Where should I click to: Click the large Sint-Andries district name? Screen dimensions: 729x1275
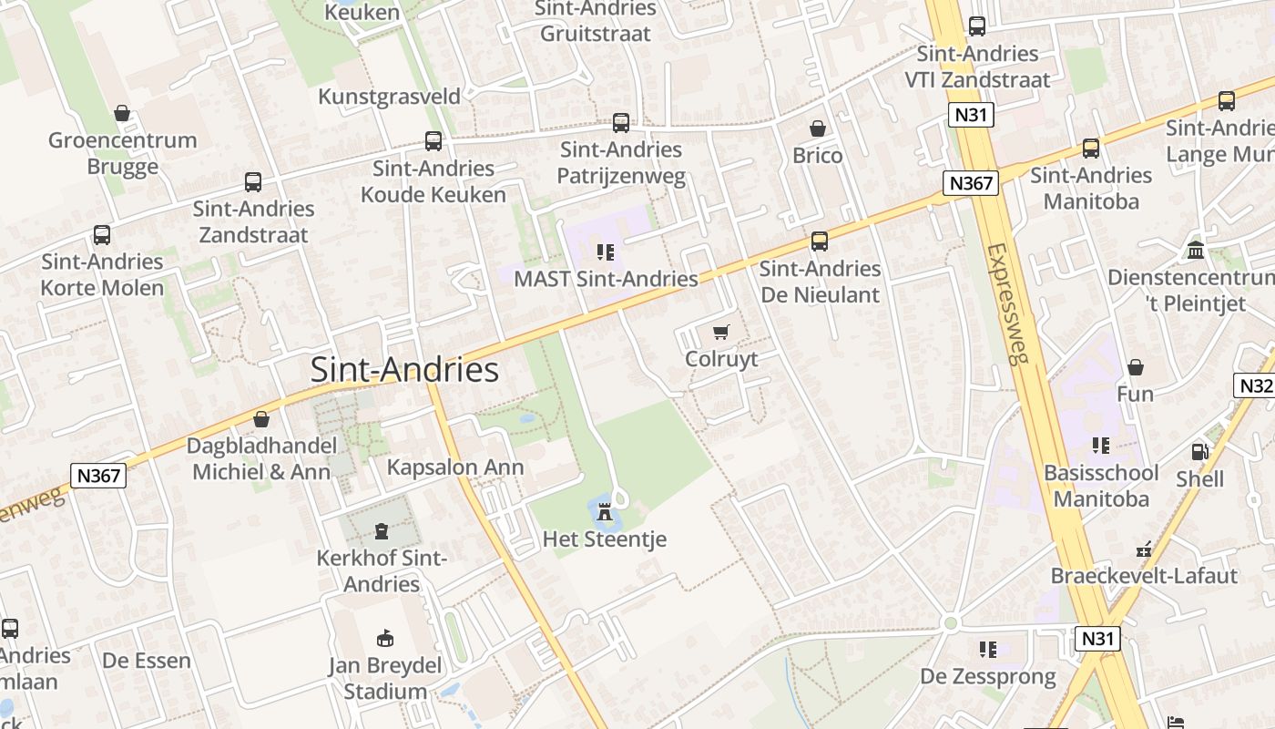pos(404,370)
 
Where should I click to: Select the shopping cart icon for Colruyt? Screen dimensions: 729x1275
pos(721,333)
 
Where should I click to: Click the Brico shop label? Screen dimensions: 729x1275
pos(817,156)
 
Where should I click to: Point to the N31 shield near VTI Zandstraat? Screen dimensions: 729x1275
pos(971,115)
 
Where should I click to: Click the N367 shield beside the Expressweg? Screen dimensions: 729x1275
pos(971,183)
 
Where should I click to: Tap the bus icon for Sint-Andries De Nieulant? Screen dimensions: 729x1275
pos(820,241)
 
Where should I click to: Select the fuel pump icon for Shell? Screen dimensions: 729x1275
pos(1199,452)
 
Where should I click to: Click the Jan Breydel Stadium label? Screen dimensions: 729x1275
pos(384,678)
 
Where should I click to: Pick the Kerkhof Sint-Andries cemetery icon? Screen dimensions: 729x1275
pos(381,531)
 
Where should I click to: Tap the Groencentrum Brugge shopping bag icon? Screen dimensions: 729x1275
pos(122,113)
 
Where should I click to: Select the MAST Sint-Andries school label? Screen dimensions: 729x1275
pos(606,279)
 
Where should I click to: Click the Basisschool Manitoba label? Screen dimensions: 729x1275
pos(1101,486)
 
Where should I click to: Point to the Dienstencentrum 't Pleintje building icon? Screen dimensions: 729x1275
pos(1196,250)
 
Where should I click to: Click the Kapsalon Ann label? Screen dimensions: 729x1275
pos(455,467)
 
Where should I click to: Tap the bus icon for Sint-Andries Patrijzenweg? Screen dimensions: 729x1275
pos(621,122)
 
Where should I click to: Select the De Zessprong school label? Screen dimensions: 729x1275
pos(988,676)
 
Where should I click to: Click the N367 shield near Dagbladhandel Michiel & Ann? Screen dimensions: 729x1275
pos(97,475)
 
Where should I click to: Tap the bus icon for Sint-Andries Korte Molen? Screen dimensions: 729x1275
pos(102,235)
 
